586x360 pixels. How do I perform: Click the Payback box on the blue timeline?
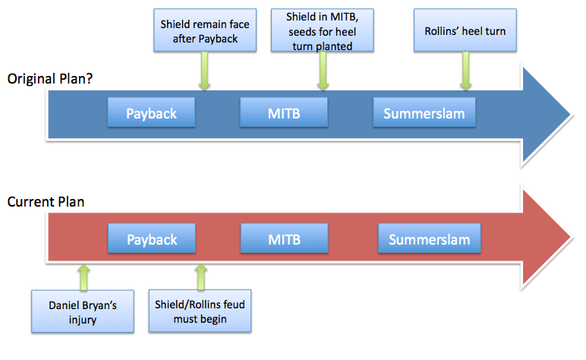pos(151,112)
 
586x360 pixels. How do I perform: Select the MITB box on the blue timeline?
pos(284,112)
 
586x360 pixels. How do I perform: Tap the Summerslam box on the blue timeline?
pos(424,112)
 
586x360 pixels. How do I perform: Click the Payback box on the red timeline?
pos(152,238)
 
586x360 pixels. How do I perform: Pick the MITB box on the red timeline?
pos(285,238)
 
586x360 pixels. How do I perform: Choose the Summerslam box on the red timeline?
pos(430,238)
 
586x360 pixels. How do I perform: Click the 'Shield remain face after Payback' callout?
pos(205,30)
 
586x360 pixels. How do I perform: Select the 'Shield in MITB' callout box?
pos(322,30)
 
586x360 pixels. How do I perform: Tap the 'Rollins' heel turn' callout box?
pos(465,30)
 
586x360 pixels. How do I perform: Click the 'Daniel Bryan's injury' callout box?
pos(83,311)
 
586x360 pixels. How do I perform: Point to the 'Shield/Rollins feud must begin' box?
pos(200,311)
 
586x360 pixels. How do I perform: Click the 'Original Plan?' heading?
pos(49,78)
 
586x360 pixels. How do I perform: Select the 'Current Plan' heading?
pos(46,202)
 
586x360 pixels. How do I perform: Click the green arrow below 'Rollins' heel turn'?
pos(465,71)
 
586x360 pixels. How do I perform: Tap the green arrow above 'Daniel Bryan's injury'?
pos(83,277)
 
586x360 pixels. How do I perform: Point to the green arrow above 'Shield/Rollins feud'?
pos(201,276)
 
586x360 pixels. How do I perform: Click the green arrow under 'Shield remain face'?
pos(204,71)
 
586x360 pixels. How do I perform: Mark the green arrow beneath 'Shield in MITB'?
pos(323,71)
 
